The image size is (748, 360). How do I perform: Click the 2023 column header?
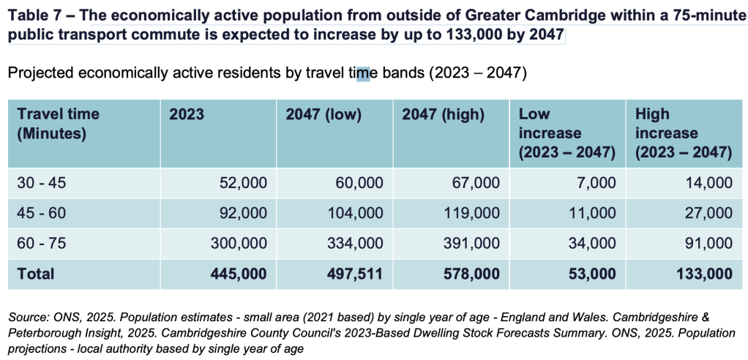click(x=187, y=114)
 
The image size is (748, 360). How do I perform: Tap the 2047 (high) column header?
click(x=444, y=114)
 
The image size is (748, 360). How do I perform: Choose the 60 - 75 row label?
click(x=41, y=244)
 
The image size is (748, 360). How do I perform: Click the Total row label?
click(x=36, y=274)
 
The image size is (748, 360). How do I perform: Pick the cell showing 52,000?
click(x=242, y=182)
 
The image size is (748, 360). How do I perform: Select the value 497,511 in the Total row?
click(x=356, y=274)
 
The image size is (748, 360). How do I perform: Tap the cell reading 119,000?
click(x=473, y=213)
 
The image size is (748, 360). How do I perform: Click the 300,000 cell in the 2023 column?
click(x=239, y=244)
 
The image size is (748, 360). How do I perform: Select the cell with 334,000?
click(x=356, y=244)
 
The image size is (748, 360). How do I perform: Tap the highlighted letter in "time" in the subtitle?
click(x=364, y=75)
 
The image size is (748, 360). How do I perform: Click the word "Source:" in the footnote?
click(x=26, y=318)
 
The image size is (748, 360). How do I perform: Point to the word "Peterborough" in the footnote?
click(x=39, y=334)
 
